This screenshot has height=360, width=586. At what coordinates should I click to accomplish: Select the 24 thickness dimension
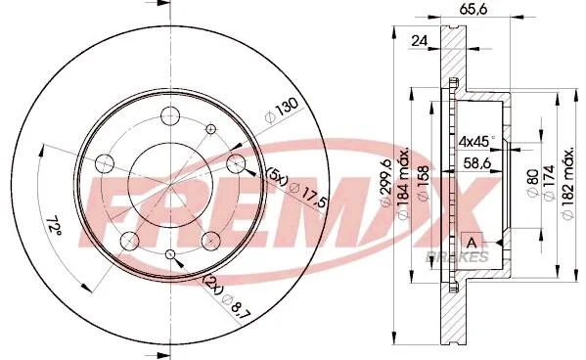pos(419,41)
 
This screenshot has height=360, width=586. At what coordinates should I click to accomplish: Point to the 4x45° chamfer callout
pos(476,141)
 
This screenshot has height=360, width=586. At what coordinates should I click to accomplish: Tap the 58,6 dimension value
pos(476,163)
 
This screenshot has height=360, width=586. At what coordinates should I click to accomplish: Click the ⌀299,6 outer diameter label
pos(385,182)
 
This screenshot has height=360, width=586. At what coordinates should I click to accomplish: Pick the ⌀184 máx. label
pos(403,184)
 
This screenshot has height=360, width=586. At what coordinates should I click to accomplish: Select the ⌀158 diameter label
pos(424,184)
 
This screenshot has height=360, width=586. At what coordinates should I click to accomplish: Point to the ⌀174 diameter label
pos(549,183)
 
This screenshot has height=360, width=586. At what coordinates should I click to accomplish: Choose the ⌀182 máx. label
pos(567,183)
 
